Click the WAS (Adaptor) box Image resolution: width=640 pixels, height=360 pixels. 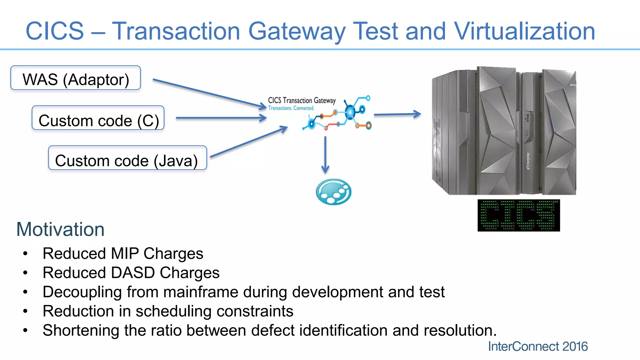(76, 78)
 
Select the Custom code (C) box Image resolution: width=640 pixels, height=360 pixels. (98, 118)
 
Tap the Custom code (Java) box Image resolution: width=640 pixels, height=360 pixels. (127, 158)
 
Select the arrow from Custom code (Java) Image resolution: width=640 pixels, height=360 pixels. (248, 142)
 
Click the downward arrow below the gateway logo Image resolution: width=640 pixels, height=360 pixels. (325, 155)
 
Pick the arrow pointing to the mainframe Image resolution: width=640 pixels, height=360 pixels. (397, 114)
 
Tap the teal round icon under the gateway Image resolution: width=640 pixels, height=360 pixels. (333, 192)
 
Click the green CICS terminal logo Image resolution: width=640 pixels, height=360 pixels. (518, 216)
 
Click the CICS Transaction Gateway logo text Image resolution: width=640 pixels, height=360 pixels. (302, 101)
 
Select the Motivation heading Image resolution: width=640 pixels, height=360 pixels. (60, 229)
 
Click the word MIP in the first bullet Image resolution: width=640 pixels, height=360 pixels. (124, 253)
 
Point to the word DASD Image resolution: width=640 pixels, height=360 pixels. (133, 272)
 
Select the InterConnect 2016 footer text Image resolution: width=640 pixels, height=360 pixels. (538, 347)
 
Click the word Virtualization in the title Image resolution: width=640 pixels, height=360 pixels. (524, 31)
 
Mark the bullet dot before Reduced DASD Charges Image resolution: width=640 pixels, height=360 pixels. (25, 273)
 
